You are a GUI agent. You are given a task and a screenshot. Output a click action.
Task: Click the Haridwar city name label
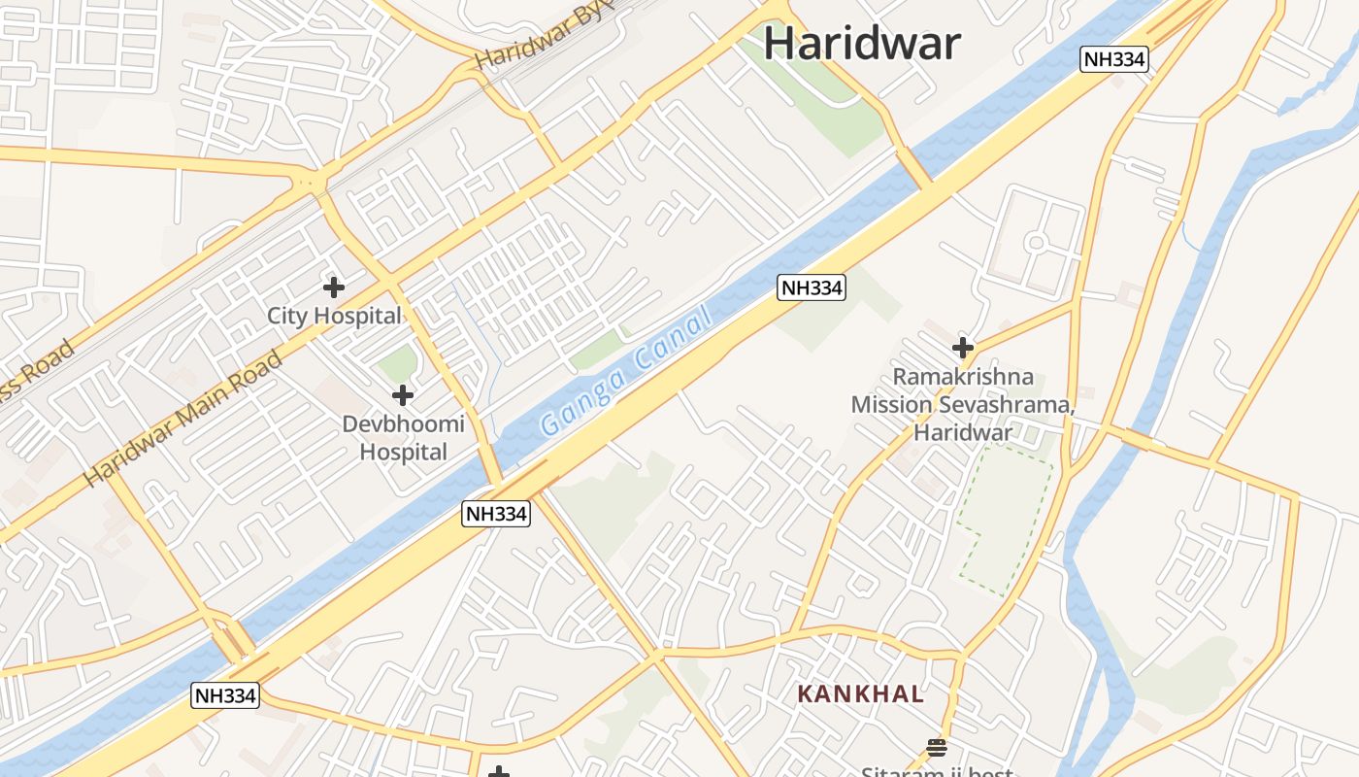[862, 44]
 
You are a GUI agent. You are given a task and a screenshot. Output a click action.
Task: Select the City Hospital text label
[334, 316]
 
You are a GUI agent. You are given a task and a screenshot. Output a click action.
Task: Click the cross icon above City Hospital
[334, 287]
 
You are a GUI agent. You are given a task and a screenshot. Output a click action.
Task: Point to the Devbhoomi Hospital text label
[403, 438]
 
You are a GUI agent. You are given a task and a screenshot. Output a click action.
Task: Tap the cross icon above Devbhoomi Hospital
[403, 395]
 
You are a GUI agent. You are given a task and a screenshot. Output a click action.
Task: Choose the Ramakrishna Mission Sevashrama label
[962, 404]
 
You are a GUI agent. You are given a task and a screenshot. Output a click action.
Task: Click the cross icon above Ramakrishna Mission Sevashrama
[962, 348]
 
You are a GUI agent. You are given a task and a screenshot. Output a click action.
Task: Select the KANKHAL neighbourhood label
[860, 694]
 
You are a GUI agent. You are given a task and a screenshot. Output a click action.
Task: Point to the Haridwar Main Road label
[183, 420]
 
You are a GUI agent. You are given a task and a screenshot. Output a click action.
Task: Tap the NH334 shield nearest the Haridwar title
[1114, 59]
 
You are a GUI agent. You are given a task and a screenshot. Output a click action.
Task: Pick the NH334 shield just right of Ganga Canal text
[812, 287]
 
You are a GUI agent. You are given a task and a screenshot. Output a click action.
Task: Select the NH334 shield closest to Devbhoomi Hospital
[496, 514]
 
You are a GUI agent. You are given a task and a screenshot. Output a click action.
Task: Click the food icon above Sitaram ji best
[937, 747]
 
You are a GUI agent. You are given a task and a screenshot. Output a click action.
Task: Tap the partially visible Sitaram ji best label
[937, 772]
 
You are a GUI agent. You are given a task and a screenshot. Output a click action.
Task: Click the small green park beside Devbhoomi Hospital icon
[397, 365]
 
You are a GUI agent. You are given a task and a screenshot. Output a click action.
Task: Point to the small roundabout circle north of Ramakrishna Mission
[1036, 242]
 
